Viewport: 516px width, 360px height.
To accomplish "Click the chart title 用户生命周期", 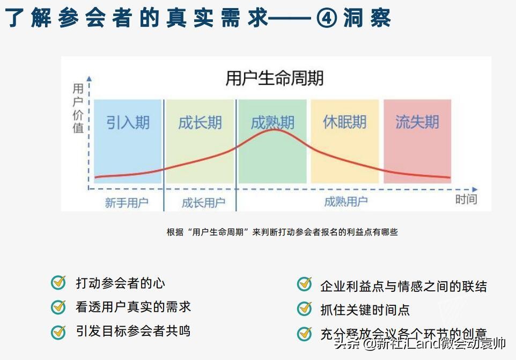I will tap(275, 79).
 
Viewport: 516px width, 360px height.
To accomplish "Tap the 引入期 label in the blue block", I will tap(128, 123).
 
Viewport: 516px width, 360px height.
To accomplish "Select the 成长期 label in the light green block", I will tap(200, 123).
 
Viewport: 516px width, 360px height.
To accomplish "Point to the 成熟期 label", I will tap(272, 122).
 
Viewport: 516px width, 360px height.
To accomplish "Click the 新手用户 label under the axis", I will tap(127, 203).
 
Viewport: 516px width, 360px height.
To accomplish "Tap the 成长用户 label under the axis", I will tap(203, 203).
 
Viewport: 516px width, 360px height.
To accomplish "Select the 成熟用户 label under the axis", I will tap(346, 202).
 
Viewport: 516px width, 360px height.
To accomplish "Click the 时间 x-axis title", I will tap(466, 199).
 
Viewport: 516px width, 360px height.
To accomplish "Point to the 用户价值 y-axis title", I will tap(78, 108).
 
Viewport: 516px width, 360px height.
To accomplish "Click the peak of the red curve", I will tap(273, 129).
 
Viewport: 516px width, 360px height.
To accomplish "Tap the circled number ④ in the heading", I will tap(327, 19).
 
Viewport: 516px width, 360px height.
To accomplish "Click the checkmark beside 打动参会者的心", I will tap(58, 283).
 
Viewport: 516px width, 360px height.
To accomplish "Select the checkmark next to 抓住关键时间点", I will tap(304, 309).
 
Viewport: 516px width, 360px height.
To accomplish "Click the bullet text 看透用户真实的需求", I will tap(133, 307).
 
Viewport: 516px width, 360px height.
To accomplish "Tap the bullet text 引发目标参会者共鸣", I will tap(133, 331).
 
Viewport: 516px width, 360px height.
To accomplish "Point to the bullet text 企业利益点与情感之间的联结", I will tap(403, 286).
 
